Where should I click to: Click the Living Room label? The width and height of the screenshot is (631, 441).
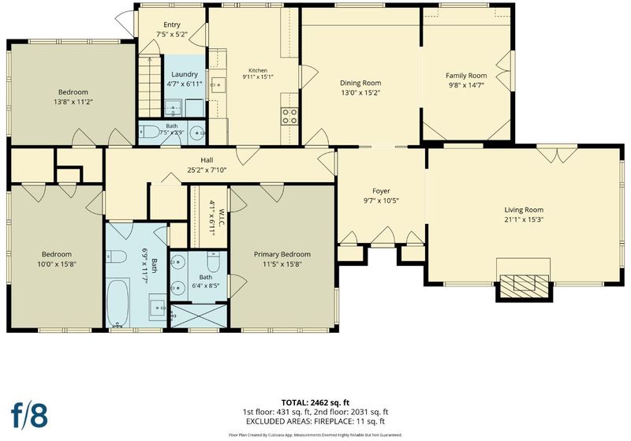click(524, 210)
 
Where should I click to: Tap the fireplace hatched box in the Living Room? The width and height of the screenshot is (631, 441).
click(525, 286)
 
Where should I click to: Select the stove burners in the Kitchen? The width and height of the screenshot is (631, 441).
click(289, 116)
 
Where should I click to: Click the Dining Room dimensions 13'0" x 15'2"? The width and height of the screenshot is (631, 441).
click(360, 92)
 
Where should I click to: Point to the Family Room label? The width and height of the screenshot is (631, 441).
click(466, 75)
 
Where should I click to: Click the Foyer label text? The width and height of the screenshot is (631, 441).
click(381, 191)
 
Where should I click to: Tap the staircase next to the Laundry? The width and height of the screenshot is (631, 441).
click(150, 86)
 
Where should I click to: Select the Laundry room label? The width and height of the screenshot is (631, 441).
click(185, 74)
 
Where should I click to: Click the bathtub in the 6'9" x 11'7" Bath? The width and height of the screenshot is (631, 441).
click(118, 302)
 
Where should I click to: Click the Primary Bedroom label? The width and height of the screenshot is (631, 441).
click(282, 254)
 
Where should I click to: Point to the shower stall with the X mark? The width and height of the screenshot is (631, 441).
click(199, 315)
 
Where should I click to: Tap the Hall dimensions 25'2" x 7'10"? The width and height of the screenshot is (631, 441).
click(207, 170)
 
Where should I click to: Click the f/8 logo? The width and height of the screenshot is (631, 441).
click(29, 415)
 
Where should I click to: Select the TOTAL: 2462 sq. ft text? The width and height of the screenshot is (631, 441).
click(315, 402)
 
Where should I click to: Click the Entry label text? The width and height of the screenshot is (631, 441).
click(172, 24)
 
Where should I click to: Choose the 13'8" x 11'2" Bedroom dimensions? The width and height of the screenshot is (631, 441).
click(73, 102)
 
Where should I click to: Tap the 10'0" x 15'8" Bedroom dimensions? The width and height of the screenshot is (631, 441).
click(57, 264)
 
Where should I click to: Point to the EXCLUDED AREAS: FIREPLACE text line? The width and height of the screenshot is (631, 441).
click(315, 421)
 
